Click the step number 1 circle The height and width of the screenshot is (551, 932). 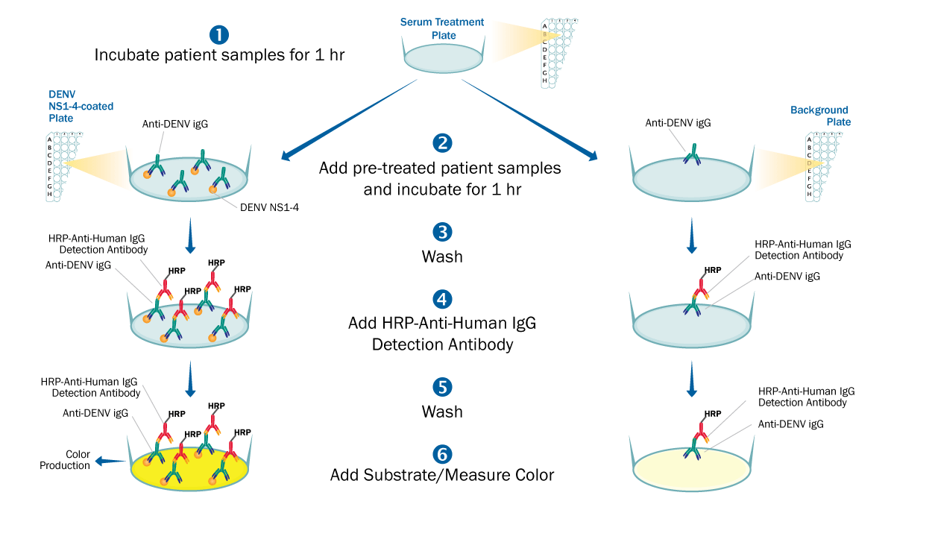coord(219,34)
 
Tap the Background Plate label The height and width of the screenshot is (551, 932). coord(820,116)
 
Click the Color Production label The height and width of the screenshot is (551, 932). coord(76,459)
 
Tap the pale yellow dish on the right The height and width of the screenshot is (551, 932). coord(691,470)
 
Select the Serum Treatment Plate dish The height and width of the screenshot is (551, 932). coord(444,59)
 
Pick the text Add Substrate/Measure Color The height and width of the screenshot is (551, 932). coord(442,475)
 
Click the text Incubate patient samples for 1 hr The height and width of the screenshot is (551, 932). coord(219,55)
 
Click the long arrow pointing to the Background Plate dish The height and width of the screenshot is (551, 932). coord(529,119)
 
